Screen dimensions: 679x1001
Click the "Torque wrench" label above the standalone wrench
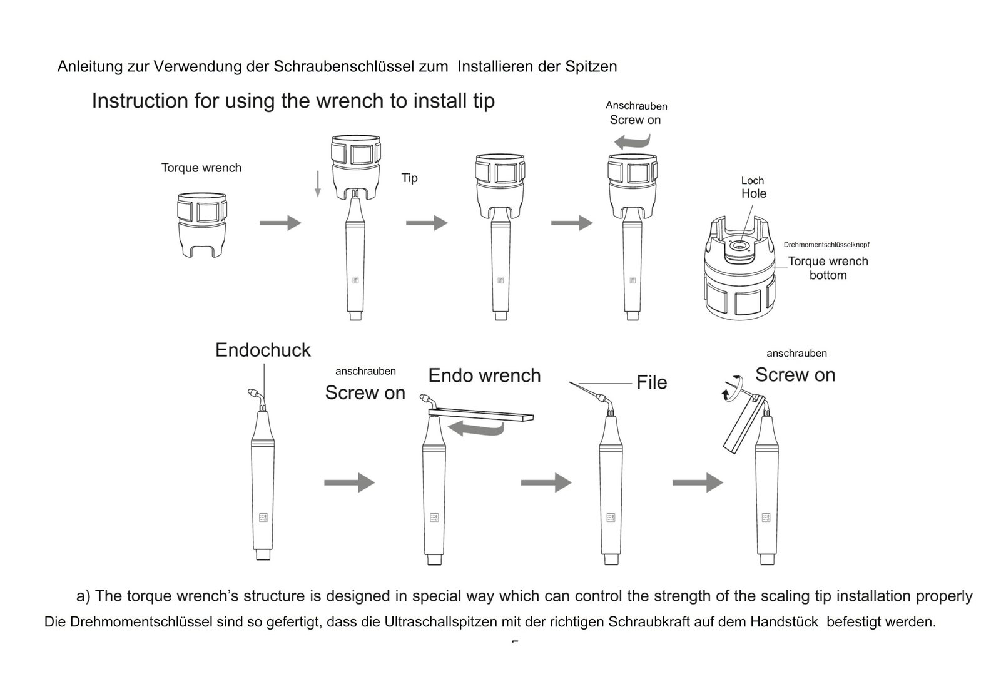(x=201, y=168)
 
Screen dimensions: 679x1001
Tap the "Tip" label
(x=409, y=178)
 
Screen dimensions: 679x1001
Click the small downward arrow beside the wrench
(x=318, y=184)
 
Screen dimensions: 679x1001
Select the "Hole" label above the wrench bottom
(x=753, y=194)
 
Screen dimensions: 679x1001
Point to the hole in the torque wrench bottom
(x=740, y=246)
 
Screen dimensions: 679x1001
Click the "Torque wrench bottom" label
(x=828, y=268)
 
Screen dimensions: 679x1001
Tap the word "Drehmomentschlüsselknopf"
(x=826, y=245)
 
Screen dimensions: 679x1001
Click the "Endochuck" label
(x=263, y=350)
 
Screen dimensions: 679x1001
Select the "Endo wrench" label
(x=484, y=375)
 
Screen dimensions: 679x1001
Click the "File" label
(x=651, y=382)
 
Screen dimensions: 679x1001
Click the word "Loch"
(x=753, y=181)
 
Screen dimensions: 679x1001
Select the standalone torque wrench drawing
(x=201, y=224)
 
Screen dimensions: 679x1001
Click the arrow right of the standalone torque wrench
(x=280, y=223)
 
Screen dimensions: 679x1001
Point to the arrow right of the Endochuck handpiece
(x=349, y=482)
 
